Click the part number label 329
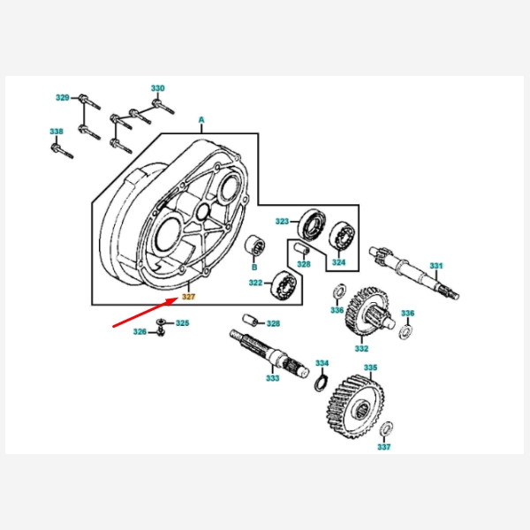tap(62, 97)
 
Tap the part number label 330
tap(157, 88)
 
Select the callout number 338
tap(57, 132)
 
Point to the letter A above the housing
tap(201, 118)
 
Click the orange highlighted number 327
tap(188, 297)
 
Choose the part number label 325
tap(182, 323)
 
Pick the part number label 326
tap(140, 332)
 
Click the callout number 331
tap(436, 266)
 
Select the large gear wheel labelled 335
tap(357, 408)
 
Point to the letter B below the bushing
tap(254, 266)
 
